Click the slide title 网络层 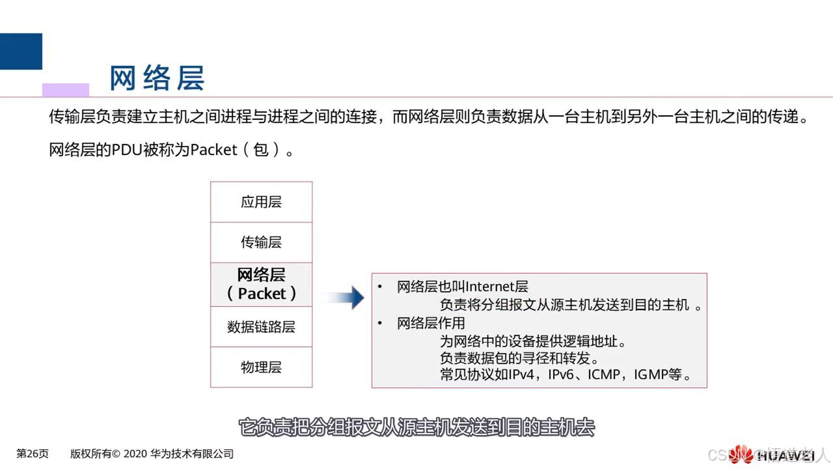157,78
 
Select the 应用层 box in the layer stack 261,202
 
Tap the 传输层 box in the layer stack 261,242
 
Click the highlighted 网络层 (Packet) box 261,285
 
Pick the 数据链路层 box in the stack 261,327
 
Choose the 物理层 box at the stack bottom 261,367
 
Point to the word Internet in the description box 491,287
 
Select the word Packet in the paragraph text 213,150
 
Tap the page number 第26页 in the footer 32,454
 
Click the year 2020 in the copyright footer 136,454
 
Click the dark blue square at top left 21,51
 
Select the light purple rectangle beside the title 66,90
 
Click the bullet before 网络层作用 380,323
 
